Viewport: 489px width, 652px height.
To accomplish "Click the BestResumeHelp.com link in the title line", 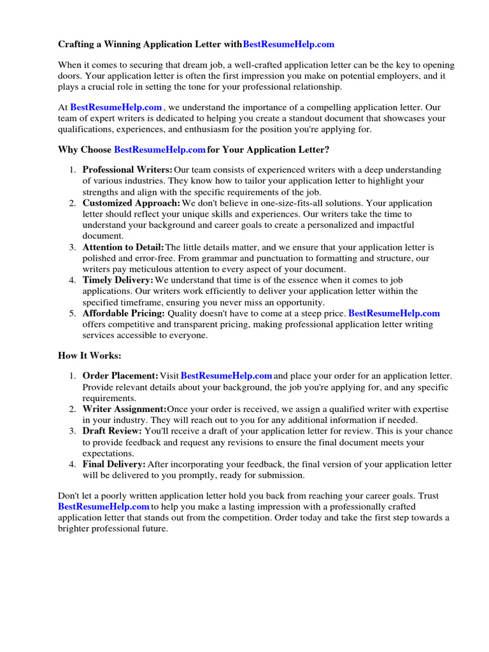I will pyautogui.click(x=288, y=45).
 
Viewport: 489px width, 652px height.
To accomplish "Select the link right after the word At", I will pyautogui.click(x=116, y=108).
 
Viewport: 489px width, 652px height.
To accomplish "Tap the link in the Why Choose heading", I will pyautogui.click(x=160, y=150).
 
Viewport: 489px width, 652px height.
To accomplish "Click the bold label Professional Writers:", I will pyautogui.click(x=127, y=170).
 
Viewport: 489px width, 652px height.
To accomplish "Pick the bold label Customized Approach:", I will pyautogui.click(x=131, y=203).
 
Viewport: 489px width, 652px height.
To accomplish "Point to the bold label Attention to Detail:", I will pyautogui.click(x=123, y=247).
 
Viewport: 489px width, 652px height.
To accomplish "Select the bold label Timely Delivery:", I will pyautogui.click(x=118, y=280).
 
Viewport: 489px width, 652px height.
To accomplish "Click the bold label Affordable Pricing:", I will pyautogui.click(x=124, y=313).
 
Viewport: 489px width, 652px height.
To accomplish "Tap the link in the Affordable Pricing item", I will pyautogui.click(x=394, y=313).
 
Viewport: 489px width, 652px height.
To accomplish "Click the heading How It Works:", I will pyautogui.click(x=89, y=355).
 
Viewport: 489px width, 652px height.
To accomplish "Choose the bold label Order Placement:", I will pyautogui.click(x=120, y=376).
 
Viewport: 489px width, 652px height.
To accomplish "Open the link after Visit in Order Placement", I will pyautogui.click(x=227, y=376).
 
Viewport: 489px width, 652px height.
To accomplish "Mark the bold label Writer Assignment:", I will pyautogui.click(x=124, y=409).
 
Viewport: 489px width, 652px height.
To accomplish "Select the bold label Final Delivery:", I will pyautogui.click(x=114, y=465).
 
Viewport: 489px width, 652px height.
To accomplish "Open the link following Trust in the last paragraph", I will pyautogui.click(x=104, y=507).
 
